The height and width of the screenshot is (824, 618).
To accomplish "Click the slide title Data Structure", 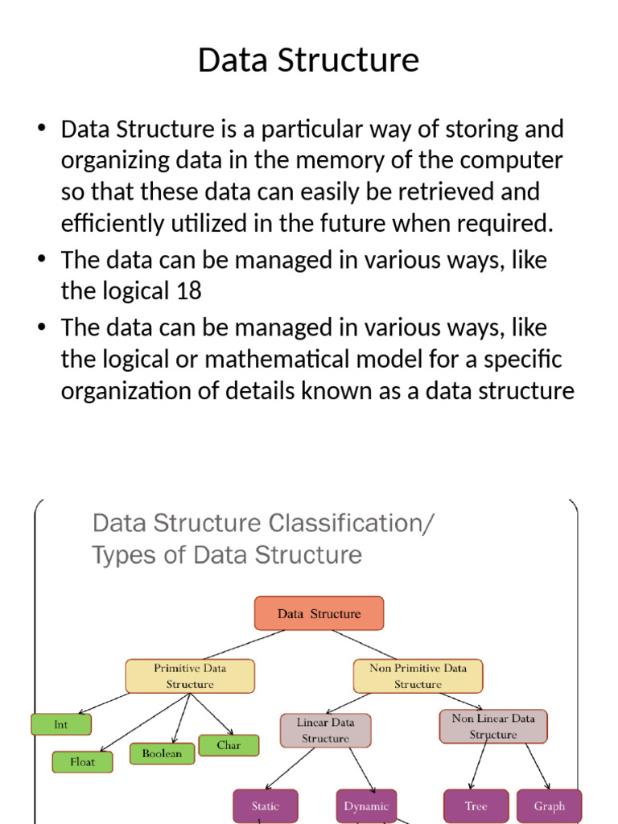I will (x=308, y=60).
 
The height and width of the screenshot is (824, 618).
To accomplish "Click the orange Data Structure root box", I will (x=319, y=614).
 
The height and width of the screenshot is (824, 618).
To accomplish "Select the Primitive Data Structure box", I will (x=190, y=676).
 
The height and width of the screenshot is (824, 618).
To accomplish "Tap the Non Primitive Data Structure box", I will (x=418, y=676).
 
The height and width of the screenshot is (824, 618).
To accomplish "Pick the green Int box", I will (x=61, y=724).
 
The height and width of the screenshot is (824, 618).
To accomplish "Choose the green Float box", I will (x=82, y=761).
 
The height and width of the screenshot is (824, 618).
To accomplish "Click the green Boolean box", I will (x=162, y=754).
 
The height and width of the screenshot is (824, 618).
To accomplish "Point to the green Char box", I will (x=229, y=745).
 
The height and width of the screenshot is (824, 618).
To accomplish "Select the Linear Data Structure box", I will (x=325, y=730).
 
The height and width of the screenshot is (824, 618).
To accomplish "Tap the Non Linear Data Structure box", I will (x=492, y=726).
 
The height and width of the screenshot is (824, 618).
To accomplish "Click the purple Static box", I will (x=265, y=805).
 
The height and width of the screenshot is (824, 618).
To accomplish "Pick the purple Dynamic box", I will (x=366, y=805).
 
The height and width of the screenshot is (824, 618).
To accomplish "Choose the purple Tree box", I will (x=476, y=805).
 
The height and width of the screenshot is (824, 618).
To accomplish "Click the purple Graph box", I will (x=549, y=805).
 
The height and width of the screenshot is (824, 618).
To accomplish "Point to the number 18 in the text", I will (x=188, y=290).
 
